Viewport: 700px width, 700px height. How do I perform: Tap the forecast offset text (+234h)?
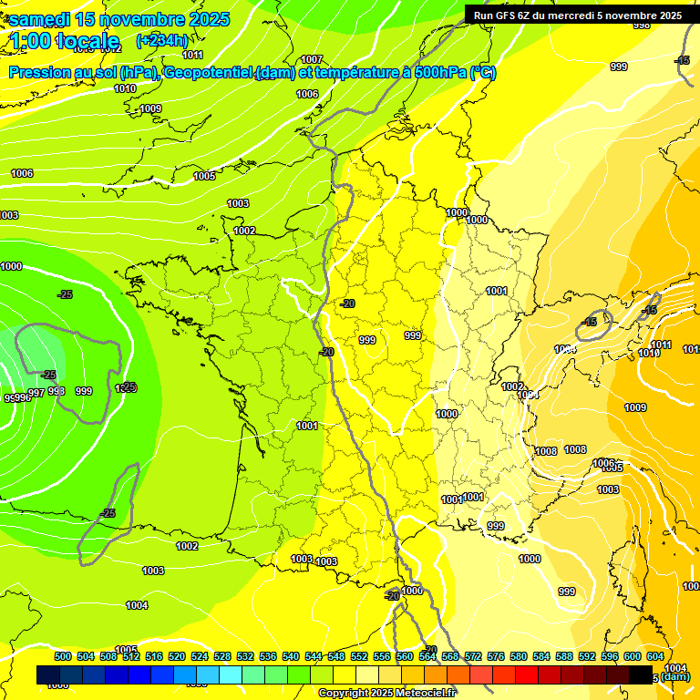161,40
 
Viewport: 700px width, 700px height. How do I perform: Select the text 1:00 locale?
66,41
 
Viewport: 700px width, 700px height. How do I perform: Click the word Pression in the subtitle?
42,73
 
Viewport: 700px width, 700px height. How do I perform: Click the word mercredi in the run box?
571,15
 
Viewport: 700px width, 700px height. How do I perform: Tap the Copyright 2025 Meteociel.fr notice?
387,694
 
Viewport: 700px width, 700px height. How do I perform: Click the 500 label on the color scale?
63,656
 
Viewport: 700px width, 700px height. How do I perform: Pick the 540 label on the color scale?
291,656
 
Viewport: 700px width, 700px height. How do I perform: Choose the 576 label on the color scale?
496,656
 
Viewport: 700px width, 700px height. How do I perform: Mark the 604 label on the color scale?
655,656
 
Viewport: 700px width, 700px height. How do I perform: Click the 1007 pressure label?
312,59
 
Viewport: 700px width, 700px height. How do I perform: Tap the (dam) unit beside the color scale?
675,676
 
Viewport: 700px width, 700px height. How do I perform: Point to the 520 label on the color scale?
177,656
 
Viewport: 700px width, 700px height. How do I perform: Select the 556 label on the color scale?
382,656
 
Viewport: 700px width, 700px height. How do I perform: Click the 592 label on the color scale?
587,656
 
